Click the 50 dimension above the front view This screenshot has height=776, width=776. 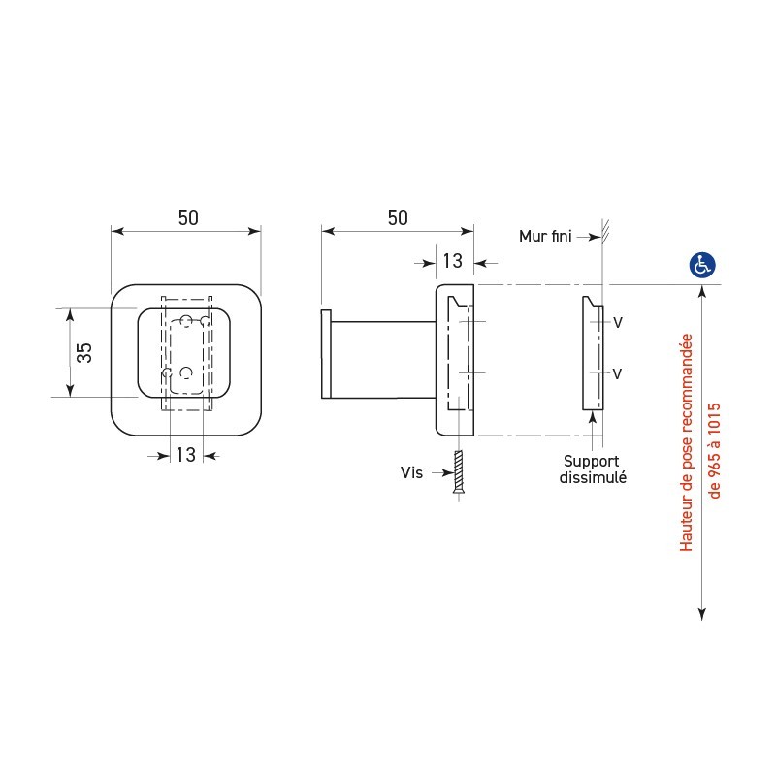(187, 218)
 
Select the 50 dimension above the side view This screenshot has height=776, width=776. (398, 218)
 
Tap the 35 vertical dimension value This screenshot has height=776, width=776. (84, 352)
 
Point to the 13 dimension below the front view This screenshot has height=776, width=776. (185, 454)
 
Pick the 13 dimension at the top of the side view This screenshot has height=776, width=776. (452, 260)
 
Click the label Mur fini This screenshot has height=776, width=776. (546, 235)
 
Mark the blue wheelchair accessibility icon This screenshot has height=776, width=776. (701, 264)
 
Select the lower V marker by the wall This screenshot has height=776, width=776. (617, 373)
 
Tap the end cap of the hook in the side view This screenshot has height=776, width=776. (327, 354)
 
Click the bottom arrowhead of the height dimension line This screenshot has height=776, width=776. (701, 612)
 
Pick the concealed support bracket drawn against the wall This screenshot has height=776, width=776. (592, 353)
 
